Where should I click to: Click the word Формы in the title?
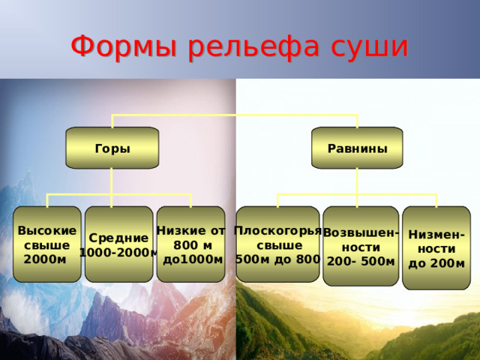124,47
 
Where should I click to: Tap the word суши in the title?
370,47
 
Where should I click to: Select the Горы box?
112,148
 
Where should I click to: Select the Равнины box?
357,148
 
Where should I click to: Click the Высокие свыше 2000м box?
47,244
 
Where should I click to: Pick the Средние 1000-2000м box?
119,244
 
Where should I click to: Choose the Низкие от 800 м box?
191,244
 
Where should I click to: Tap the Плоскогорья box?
278,244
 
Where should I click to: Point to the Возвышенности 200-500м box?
361,246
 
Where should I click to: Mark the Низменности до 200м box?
436,248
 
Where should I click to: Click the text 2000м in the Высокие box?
45,259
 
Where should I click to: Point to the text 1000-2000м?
119,253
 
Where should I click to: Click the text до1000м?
193,259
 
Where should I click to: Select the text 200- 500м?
361,262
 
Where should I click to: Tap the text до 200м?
436,263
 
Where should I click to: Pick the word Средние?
118,238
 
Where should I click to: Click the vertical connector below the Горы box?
112,181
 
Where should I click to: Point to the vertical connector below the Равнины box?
357,181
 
